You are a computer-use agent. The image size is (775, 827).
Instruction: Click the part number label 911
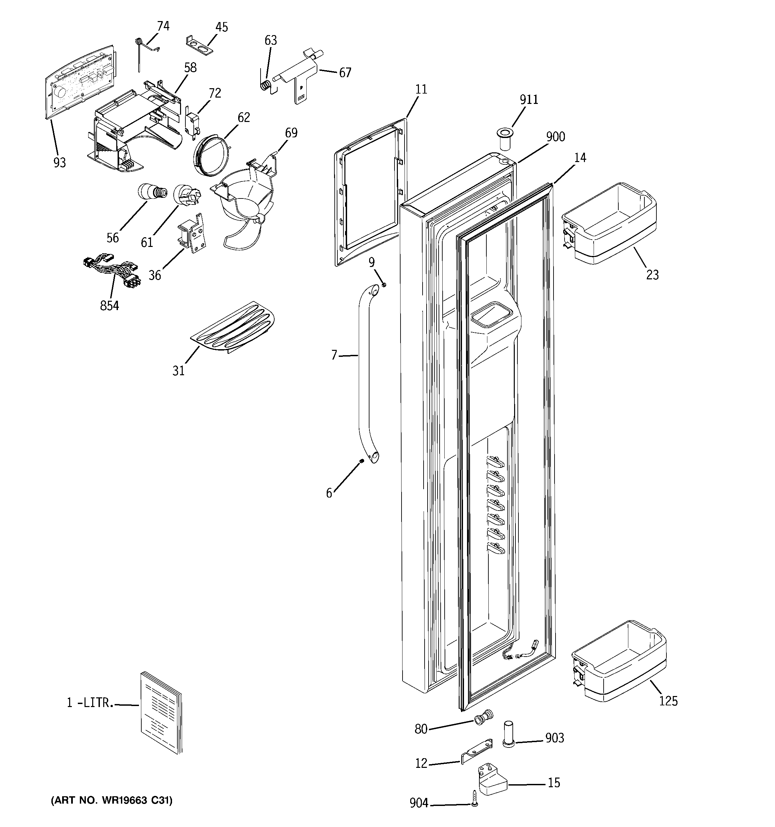click(529, 100)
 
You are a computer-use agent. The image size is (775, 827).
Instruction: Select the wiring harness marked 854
click(112, 272)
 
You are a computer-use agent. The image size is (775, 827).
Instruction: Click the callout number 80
click(421, 729)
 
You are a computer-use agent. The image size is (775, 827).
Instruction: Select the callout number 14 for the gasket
click(580, 158)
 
